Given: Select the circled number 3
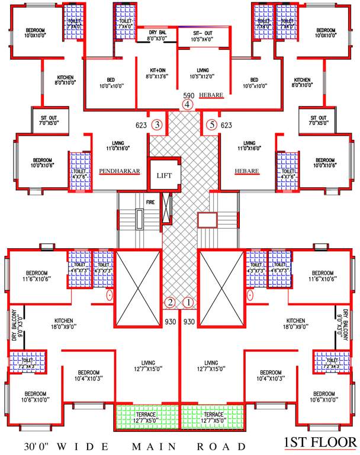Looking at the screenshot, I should point(157,125).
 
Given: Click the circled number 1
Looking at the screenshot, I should point(189,303).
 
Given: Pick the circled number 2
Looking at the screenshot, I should point(170,303).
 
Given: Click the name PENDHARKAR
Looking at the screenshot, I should point(120,171).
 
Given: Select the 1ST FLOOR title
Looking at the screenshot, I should point(320,443).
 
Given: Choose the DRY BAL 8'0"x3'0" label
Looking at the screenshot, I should point(157,35).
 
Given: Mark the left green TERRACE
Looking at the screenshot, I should point(147,417).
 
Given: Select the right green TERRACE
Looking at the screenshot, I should point(213,417).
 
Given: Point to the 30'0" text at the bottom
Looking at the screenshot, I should point(35,445).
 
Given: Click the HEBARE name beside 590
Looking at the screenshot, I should point(211,95).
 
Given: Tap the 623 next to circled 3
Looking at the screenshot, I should point(141,125).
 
